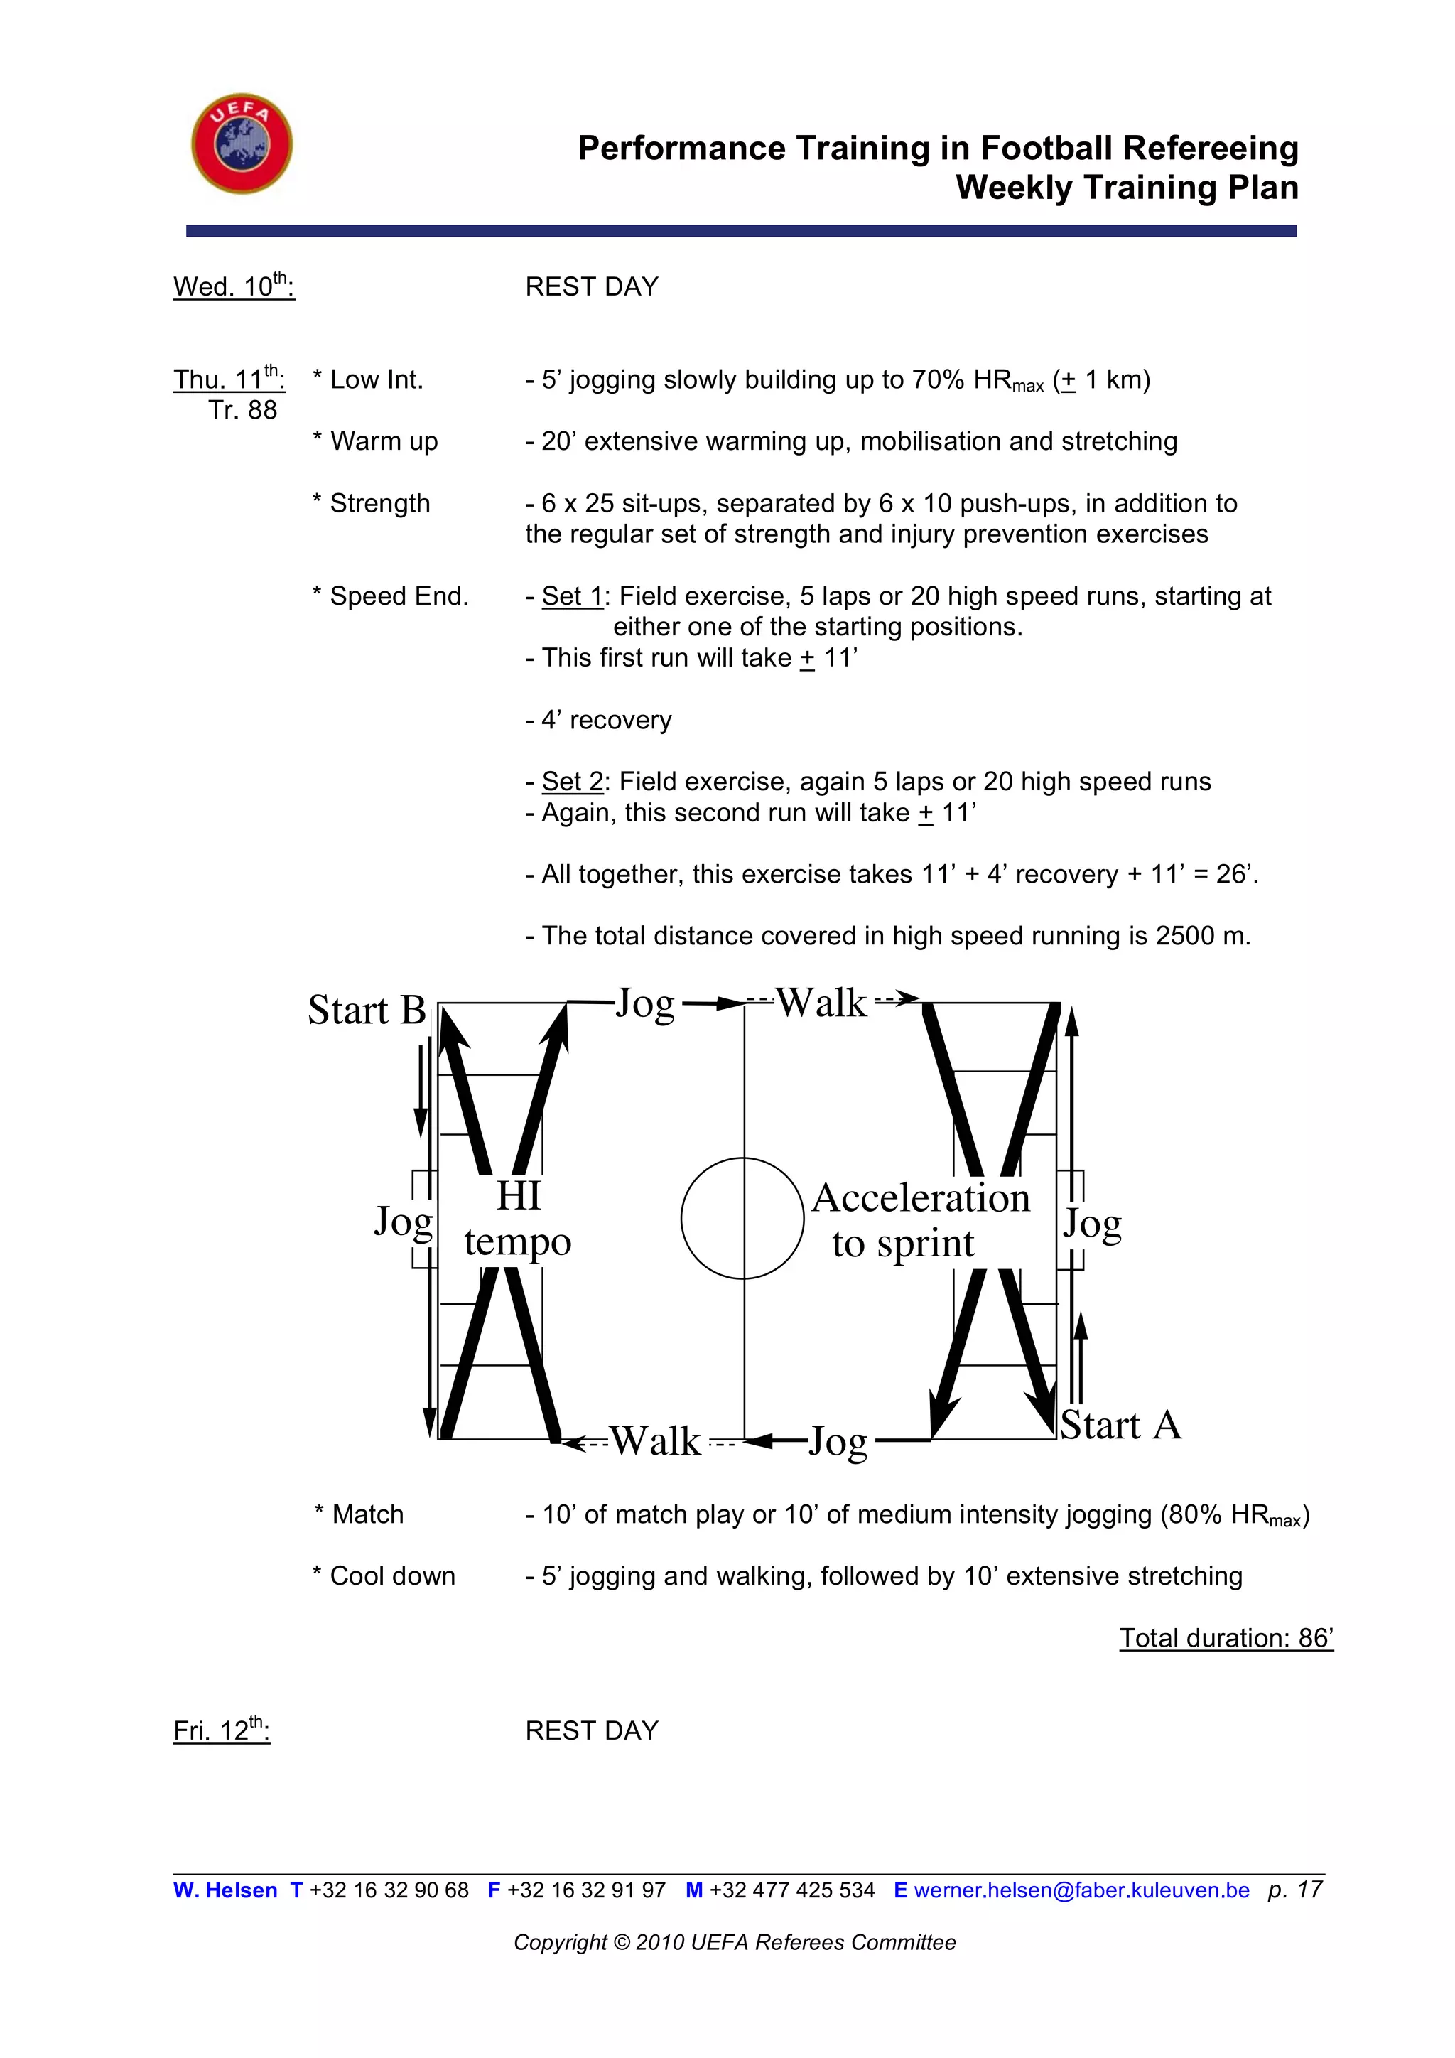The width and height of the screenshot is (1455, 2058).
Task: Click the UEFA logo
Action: pyautogui.click(x=242, y=144)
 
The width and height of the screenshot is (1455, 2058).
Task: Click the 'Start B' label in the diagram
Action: pyautogui.click(x=367, y=1011)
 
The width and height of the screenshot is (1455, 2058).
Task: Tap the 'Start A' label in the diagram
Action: pyautogui.click(x=1121, y=1426)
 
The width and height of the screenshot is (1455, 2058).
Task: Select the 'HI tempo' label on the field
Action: pyautogui.click(x=518, y=1219)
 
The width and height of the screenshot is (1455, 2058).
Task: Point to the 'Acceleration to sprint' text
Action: pyautogui.click(x=920, y=1220)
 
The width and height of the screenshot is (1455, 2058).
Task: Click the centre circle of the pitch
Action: pyautogui.click(x=742, y=1218)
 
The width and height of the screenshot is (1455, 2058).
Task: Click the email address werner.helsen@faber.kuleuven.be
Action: pyautogui.click(x=1081, y=1890)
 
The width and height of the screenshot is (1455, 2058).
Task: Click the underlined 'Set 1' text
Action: pyautogui.click(x=573, y=596)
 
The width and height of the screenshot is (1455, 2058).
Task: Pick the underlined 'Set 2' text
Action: pyautogui.click(x=573, y=782)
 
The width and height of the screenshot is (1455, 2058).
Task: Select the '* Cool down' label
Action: pyautogui.click(x=384, y=1575)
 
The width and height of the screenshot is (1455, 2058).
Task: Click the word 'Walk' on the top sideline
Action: pyautogui.click(x=821, y=1003)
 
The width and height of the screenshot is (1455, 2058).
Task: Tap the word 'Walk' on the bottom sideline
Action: pyautogui.click(x=656, y=1441)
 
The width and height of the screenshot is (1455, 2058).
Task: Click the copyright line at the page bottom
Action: pyautogui.click(x=735, y=1942)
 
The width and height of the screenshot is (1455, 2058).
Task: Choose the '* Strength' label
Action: pyautogui.click(x=371, y=504)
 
